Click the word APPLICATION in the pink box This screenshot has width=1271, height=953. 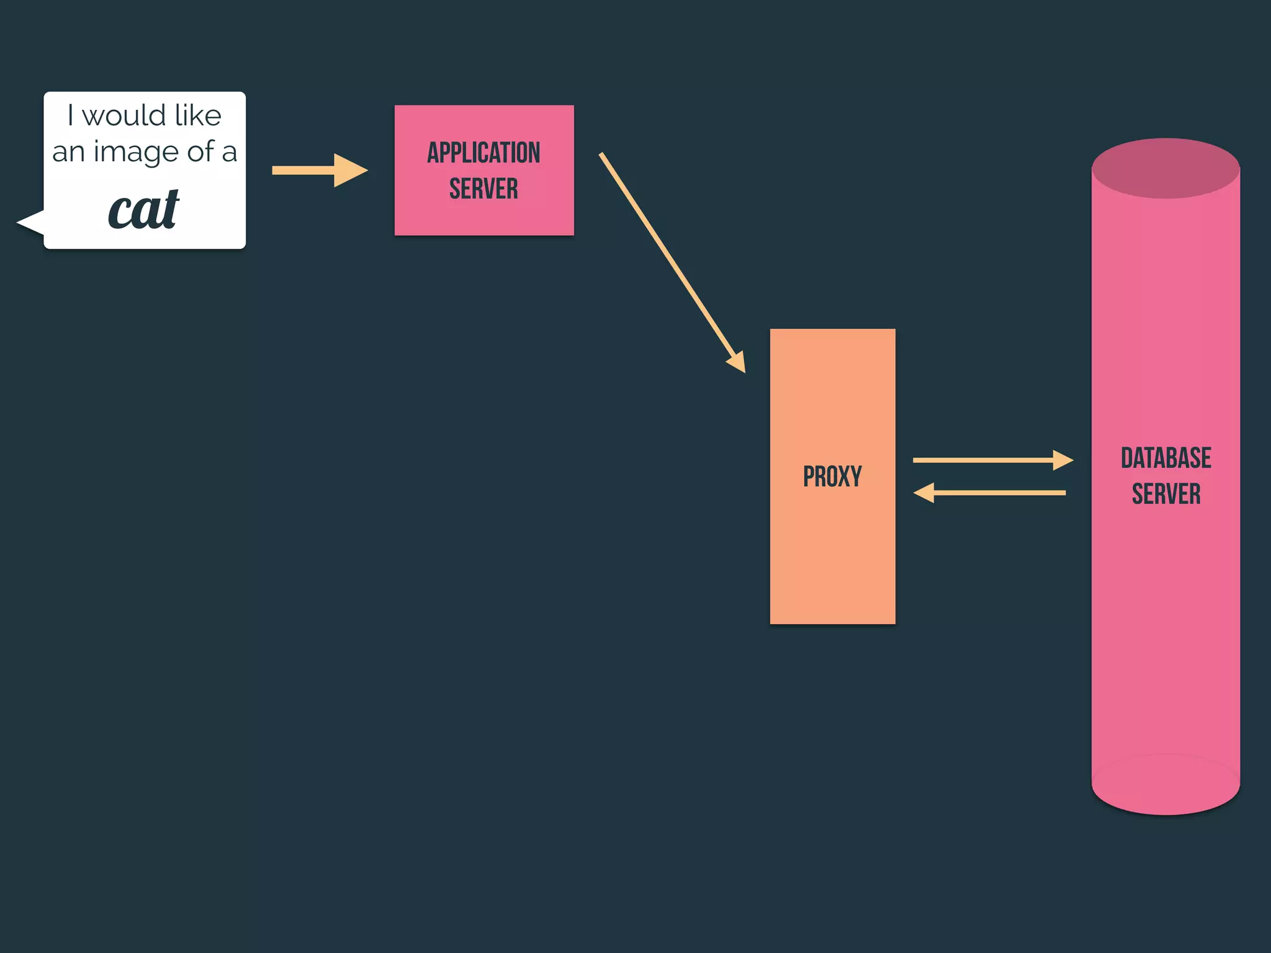pyautogui.click(x=483, y=153)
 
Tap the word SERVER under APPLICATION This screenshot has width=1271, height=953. pyautogui.click(x=483, y=189)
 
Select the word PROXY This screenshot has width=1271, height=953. pyautogui.click(x=832, y=476)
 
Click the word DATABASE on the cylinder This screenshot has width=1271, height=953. pyautogui.click(x=1165, y=458)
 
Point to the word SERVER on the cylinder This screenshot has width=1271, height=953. pyautogui.click(x=1165, y=494)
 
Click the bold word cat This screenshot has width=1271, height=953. pyautogui.click(x=144, y=210)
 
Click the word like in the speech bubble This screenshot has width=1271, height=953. pyautogui.click(x=198, y=115)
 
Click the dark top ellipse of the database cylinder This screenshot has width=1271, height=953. pyautogui.click(x=1165, y=168)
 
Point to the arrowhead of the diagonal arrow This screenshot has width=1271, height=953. pyautogui.click(x=737, y=361)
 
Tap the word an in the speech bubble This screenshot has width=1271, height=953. pyautogui.click(x=68, y=153)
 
